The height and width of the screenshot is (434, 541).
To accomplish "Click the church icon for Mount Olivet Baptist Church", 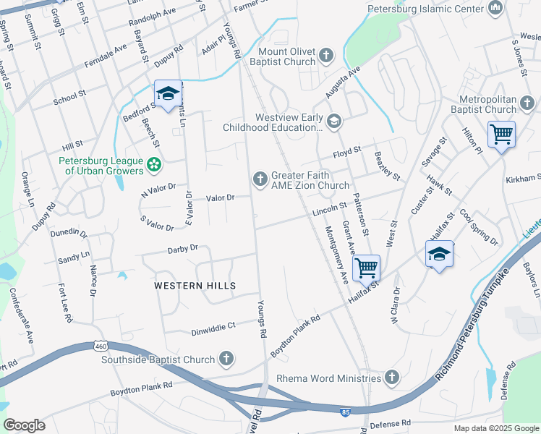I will coord(326,55).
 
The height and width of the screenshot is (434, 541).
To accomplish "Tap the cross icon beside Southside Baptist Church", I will coord(226,359).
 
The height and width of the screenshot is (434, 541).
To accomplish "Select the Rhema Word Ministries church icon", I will coord(391,378).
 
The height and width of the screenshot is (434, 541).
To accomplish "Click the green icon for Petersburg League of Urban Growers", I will coord(153,165).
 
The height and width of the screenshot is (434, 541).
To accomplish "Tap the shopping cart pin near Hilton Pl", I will coord(501,135).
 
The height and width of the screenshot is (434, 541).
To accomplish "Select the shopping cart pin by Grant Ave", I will coord(367,268).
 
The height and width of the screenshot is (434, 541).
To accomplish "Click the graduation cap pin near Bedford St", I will coord(168,95).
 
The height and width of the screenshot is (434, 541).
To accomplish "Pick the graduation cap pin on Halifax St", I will coord(439,255).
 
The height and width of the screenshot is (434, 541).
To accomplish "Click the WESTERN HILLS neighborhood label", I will coord(195,286).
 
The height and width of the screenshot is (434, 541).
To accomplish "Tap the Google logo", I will coord(24,425).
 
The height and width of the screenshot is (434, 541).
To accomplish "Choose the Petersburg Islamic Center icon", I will coord(495,9).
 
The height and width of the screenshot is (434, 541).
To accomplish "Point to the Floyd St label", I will coord(346,154).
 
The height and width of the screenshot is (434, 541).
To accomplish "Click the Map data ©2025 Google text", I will coord(495,428).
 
